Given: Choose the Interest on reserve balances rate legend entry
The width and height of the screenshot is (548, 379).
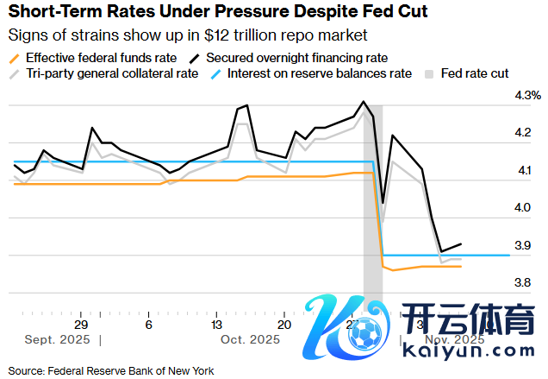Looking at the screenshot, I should coord(319,73).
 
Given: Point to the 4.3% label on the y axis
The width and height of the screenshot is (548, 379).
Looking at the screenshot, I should coord(527,95).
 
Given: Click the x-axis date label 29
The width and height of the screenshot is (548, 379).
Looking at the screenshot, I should coord(81,324).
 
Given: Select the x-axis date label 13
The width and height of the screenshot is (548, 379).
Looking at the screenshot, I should coord(216,324).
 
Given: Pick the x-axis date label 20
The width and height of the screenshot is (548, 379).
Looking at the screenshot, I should coord(283,324).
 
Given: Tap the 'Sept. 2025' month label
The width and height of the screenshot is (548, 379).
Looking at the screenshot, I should coord(59,339).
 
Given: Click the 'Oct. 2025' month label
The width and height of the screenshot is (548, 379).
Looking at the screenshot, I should coord(250,339).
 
